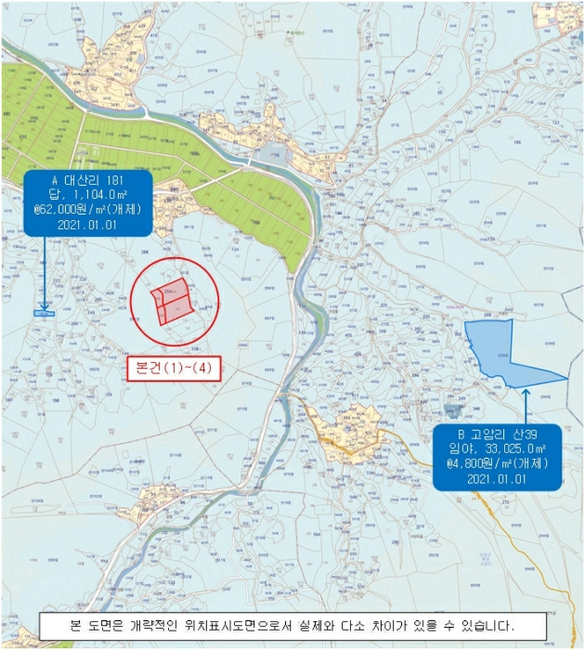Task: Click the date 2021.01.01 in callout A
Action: coord(87,224)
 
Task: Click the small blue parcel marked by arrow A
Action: coord(45,313)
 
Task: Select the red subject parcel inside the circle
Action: coord(173,300)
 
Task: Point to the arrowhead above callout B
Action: coord(526,393)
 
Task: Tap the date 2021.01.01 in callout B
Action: coord(499,479)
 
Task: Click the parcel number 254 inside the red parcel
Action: coord(168,291)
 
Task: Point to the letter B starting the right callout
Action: coord(461,434)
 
